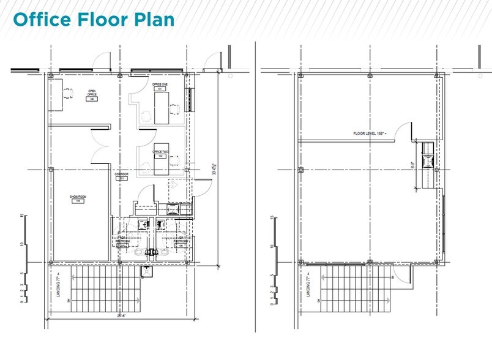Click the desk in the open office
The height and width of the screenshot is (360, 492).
pyautogui.click(x=58, y=94)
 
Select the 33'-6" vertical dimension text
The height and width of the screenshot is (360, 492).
pyautogui.click(x=214, y=170)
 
